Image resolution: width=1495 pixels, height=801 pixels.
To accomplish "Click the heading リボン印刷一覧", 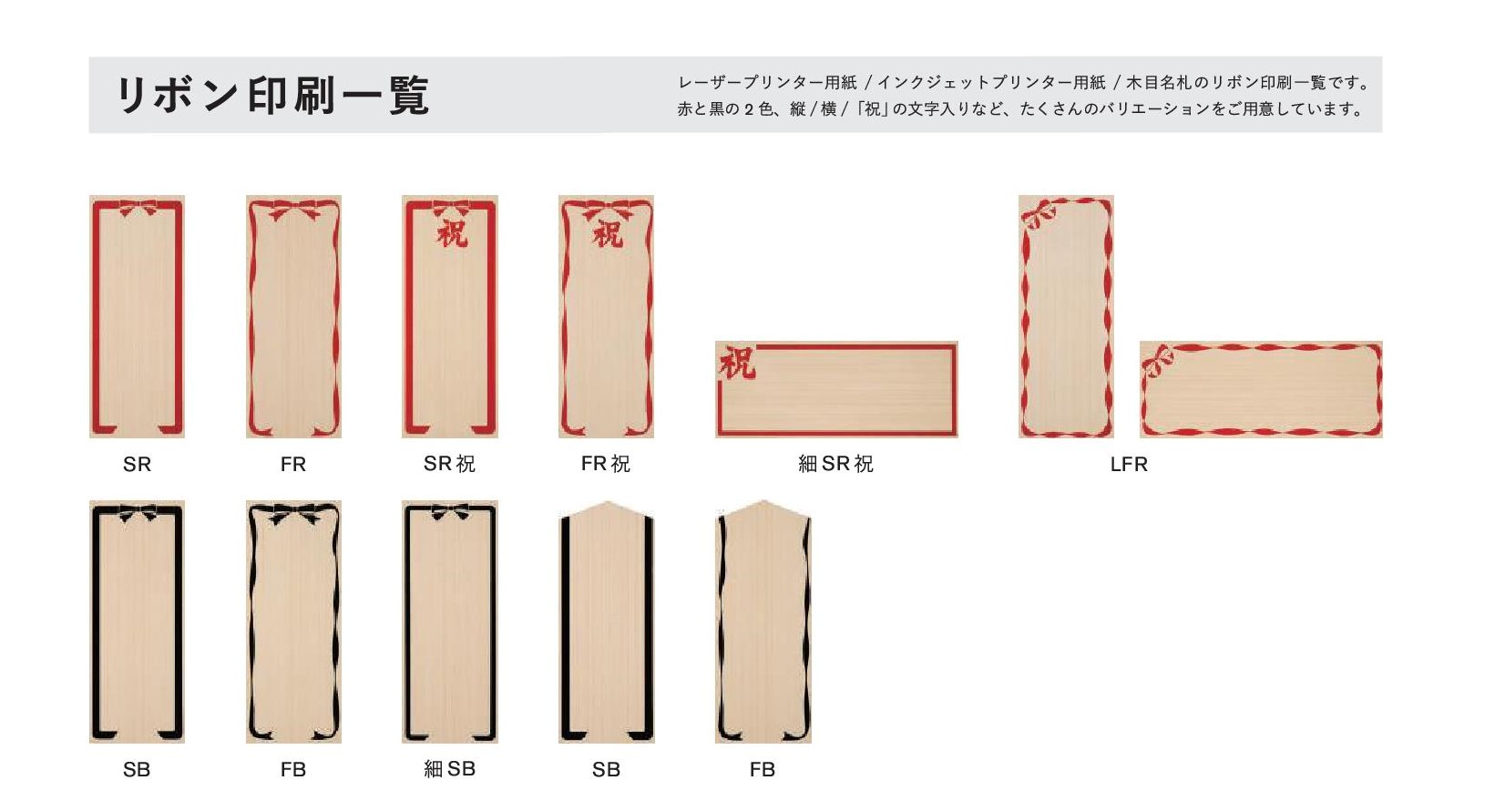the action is coord(272,96).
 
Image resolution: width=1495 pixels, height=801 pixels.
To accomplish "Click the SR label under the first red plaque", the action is coord(137,464).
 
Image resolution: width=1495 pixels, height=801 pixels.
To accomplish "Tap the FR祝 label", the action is coord(605,464).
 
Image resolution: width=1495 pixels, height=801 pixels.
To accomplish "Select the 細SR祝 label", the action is coord(835,464).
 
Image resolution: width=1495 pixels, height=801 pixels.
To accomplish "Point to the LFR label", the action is coord(1129,465).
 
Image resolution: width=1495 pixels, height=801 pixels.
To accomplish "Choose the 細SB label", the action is coord(449,769).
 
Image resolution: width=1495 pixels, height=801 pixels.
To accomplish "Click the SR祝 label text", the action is coord(449,464).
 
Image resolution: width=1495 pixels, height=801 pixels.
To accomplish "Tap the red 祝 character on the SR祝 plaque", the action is coord(452,233).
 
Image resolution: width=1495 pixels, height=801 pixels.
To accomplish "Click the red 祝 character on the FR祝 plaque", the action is coord(608,233).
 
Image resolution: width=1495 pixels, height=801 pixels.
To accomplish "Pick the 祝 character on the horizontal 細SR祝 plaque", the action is coord(737,364).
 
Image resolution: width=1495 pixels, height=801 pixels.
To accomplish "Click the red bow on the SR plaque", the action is coord(138,208).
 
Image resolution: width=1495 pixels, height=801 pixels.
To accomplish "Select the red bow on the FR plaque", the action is coord(293,210).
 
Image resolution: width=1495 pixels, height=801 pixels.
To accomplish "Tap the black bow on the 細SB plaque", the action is coord(450,512).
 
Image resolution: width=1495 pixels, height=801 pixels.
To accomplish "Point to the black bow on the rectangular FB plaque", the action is coord(293,515).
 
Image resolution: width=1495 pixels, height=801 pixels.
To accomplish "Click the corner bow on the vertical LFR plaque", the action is coord(1038,215).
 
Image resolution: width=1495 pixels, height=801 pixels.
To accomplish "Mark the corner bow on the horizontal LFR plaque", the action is coord(1158,361).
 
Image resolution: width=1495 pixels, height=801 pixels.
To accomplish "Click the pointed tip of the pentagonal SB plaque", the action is coord(607,501).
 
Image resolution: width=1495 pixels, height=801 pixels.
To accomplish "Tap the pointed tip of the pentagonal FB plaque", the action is coord(763,501).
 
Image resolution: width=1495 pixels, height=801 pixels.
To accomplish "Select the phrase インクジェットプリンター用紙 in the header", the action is coord(991,83).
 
